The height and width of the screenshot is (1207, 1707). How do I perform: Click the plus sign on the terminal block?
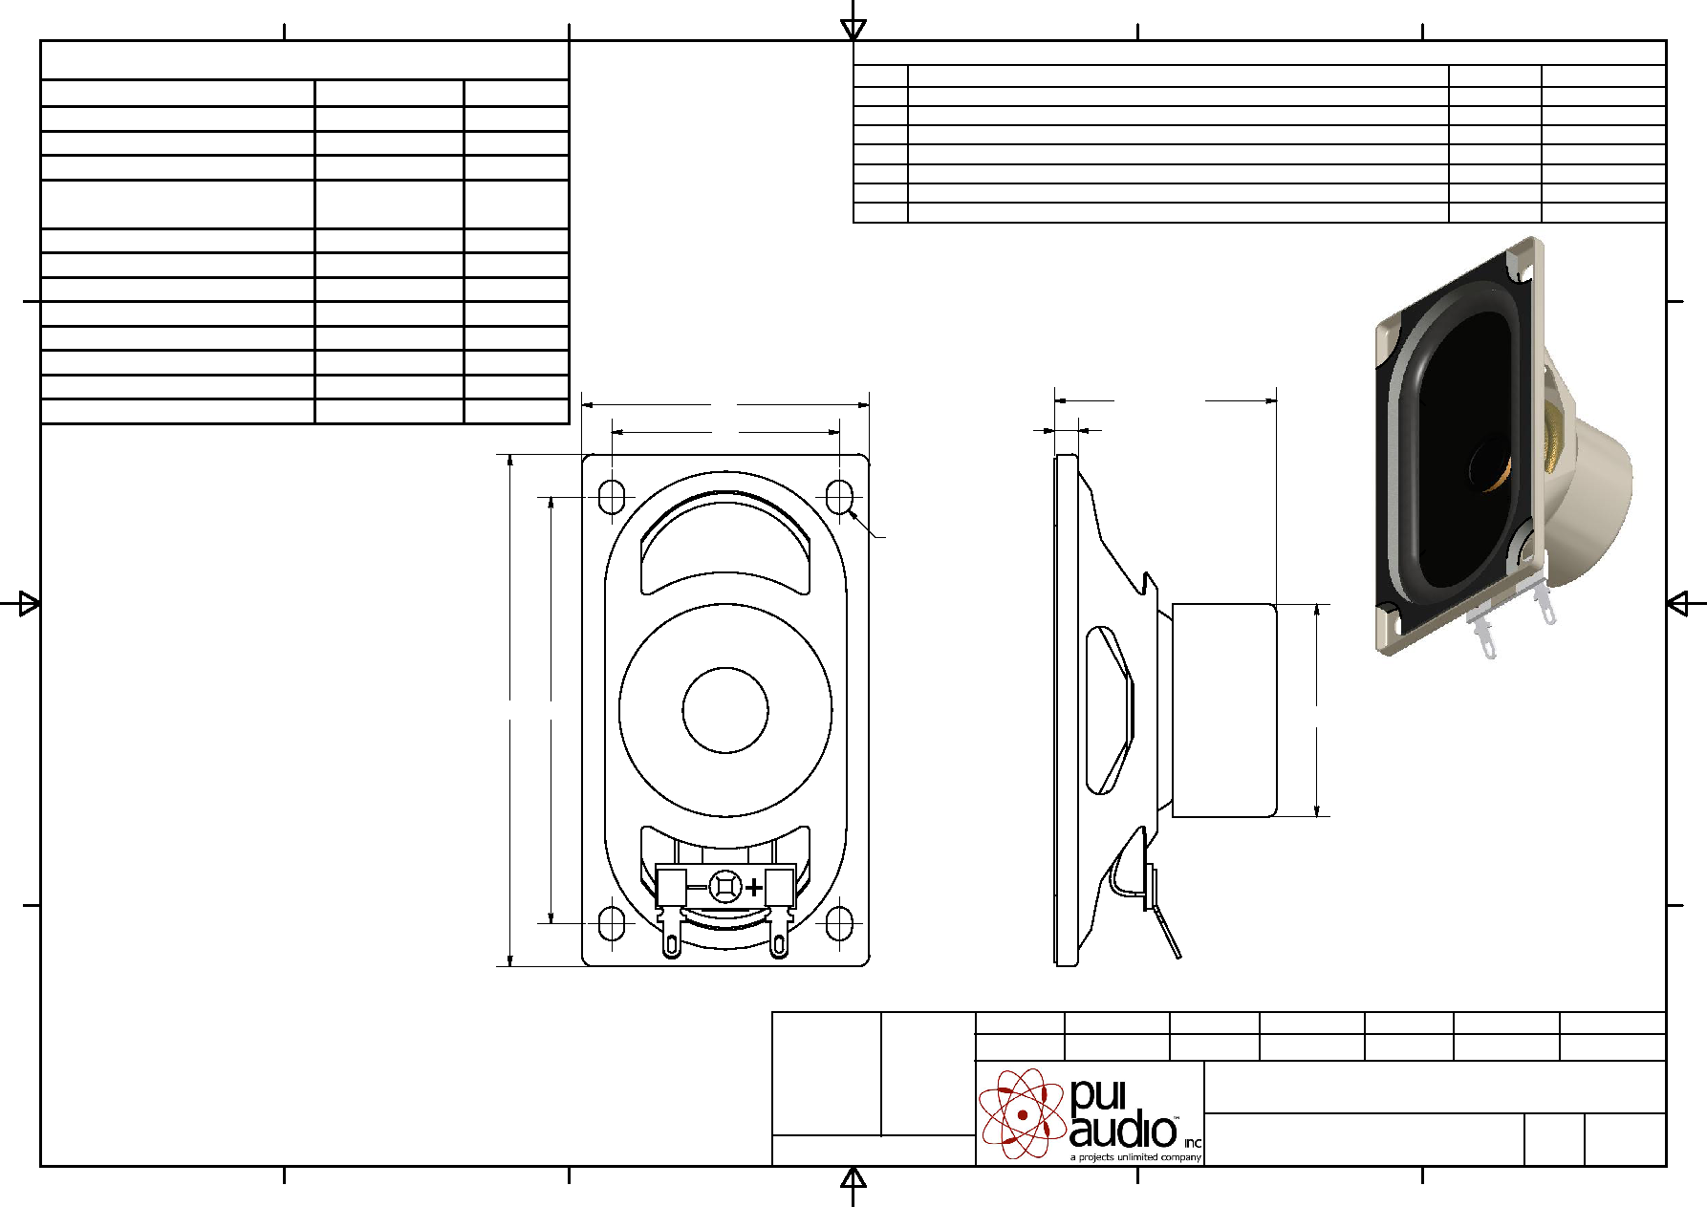tap(754, 888)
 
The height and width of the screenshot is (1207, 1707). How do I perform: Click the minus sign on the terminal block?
tap(698, 888)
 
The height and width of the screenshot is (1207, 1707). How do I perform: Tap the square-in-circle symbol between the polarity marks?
tap(725, 887)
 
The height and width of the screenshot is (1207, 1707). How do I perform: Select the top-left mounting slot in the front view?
tap(612, 497)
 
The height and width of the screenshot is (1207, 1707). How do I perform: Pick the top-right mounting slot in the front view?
tap(839, 497)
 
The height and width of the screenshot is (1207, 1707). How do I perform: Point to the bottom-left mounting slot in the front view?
tap(612, 924)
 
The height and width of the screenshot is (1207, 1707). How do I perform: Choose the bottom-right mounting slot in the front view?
tap(839, 924)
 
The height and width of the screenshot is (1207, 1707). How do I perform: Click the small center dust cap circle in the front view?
tap(725, 710)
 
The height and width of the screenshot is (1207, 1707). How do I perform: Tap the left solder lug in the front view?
tap(672, 934)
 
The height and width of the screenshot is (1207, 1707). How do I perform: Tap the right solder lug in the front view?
tap(779, 934)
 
